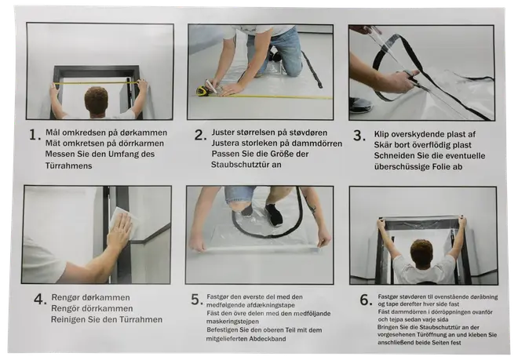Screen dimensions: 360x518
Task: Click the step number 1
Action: (34, 135)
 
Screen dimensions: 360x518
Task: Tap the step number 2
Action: (200, 134)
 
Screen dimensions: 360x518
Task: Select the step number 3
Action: (359, 135)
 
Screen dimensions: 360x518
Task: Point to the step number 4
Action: (39, 299)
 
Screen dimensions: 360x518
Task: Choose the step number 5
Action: (197, 299)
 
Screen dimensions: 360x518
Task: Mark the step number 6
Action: (365, 299)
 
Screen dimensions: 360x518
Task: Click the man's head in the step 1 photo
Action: (96, 100)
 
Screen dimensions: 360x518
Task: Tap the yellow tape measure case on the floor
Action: (202, 91)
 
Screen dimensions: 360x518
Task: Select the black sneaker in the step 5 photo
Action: (273, 214)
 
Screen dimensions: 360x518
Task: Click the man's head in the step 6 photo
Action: (421, 253)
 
